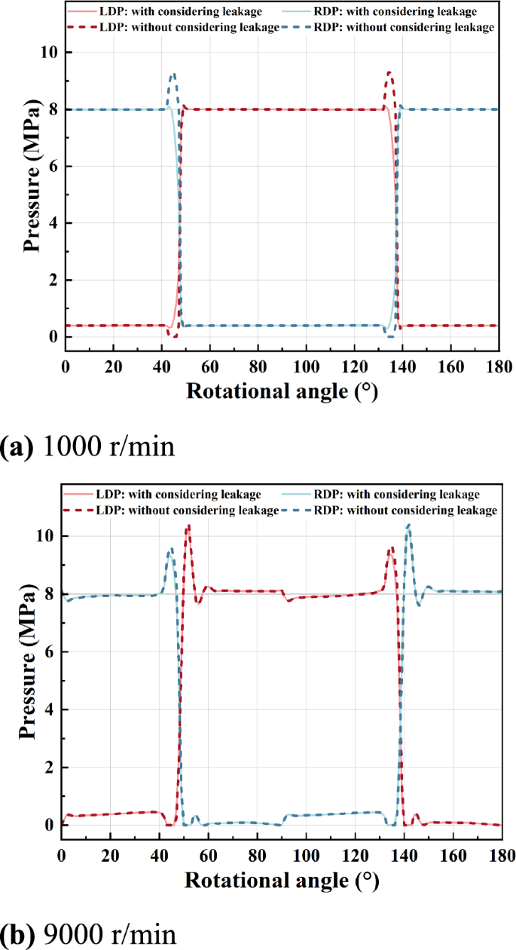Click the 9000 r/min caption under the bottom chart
click(x=88, y=934)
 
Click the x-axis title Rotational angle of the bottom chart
click(x=281, y=881)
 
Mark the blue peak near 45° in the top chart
click(x=174, y=74)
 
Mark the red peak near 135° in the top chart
click(x=389, y=72)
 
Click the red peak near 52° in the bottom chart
click(x=188, y=526)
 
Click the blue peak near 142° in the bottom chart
click(x=408, y=524)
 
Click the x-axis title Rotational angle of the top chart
click(x=281, y=392)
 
